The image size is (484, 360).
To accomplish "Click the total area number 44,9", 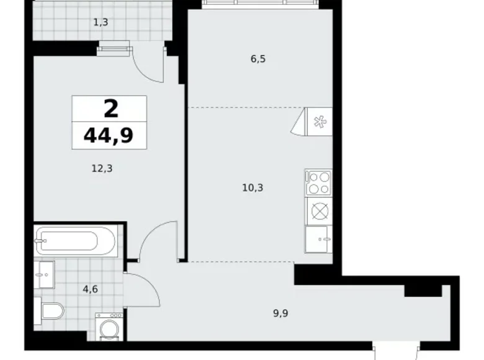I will tap(109, 135).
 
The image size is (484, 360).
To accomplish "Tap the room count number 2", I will tap(110, 109).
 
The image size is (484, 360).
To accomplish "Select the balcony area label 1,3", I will tap(100, 23).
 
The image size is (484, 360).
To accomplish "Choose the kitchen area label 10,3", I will tap(253, 187).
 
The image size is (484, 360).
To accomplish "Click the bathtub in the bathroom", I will tap(75, 240).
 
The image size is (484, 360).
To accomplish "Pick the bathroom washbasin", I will tap(45, 274).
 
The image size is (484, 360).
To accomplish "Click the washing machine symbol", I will tap(110, 326).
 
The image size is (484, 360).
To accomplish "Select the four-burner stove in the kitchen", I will tap(318, 182).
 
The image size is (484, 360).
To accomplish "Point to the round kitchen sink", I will tap(318, 211).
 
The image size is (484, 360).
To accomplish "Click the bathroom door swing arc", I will tap(138, 289).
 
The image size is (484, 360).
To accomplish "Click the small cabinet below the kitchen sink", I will tap(318, 239).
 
